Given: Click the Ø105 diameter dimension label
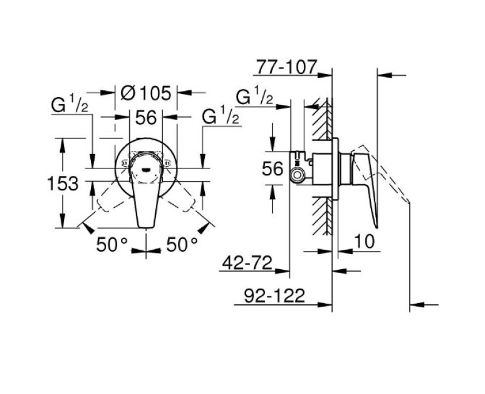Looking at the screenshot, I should [x=146, y=93].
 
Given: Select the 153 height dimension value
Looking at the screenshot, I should [x=62, y=183].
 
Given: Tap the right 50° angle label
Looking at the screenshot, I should [x=182, y=244].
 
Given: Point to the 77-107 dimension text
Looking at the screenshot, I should [x=286, y=66].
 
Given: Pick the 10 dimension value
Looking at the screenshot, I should [x=363, y=241].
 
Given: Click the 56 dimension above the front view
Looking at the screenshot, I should [x=146, y=118].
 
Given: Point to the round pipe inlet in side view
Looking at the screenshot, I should [x=298, y=176].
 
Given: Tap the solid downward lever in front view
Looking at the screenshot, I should [x=146, y=203].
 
